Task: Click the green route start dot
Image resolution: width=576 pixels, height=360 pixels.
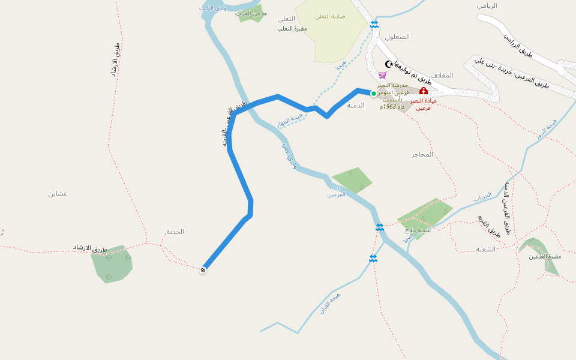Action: [373, 94]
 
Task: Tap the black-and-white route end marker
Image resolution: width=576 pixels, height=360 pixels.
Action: [203, 270]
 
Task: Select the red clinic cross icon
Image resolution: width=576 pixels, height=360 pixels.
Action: [424, 91]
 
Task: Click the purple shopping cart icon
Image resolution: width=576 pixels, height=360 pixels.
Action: [382, 75]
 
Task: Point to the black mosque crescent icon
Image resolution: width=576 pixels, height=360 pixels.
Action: [389, 64]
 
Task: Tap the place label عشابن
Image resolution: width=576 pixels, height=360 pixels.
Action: [58, 193]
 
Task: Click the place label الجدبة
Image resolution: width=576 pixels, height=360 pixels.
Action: [175, 232]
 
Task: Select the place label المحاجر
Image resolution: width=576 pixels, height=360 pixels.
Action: [422, 154]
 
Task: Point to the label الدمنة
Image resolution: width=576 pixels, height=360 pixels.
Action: [356, 105]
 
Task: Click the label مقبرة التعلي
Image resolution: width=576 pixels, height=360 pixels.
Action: [293, 28]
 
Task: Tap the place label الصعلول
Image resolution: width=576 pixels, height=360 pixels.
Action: [397, 37]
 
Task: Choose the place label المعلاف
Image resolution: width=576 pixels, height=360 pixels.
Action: [441, 76]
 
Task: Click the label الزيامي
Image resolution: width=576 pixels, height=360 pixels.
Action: [487, 5]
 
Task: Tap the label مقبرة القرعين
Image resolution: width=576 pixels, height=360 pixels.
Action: [544, 257]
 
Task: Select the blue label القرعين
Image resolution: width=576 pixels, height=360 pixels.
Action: [336, 195]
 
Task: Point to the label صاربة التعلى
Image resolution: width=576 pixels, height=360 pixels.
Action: [331, 16]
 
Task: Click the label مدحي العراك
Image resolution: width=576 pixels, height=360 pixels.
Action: [251, 13]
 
